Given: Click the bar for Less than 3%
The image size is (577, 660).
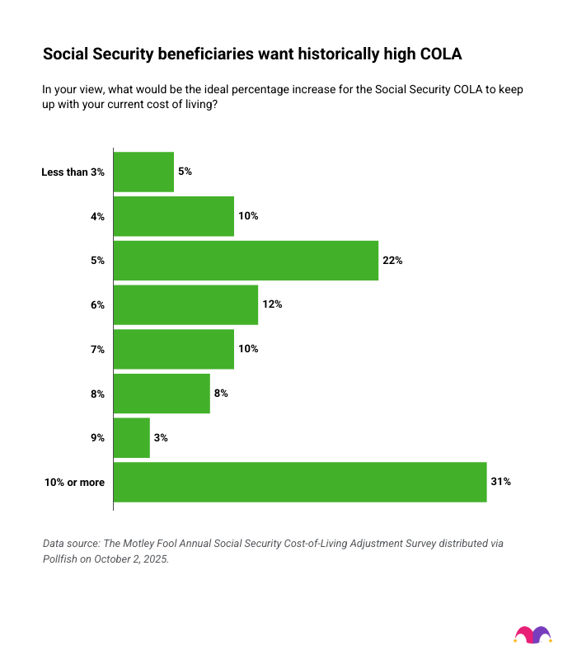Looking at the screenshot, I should coord(143,172).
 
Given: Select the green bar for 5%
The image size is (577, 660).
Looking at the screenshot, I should coord(246,261).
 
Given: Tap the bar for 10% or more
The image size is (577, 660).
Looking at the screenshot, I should coord(300,482).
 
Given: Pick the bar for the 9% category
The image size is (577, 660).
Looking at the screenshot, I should coord(132,438).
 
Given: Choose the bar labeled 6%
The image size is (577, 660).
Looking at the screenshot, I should coord(185,305).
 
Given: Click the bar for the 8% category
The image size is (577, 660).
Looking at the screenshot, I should coord(162,394).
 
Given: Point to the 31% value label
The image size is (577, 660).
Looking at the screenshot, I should coord(501,482).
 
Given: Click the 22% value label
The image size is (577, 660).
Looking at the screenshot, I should coord(392,261).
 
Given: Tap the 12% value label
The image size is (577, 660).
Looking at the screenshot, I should coord(272,305).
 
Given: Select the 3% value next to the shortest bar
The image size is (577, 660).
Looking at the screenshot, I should coord(161,438).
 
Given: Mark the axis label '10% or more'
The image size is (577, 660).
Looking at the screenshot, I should coord(75,483).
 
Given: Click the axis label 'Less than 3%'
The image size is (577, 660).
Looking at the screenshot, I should coord(73,172).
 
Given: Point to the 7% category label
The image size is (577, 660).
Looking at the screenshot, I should coord(97,350).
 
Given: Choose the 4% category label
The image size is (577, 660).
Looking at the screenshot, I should coord(97,217).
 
